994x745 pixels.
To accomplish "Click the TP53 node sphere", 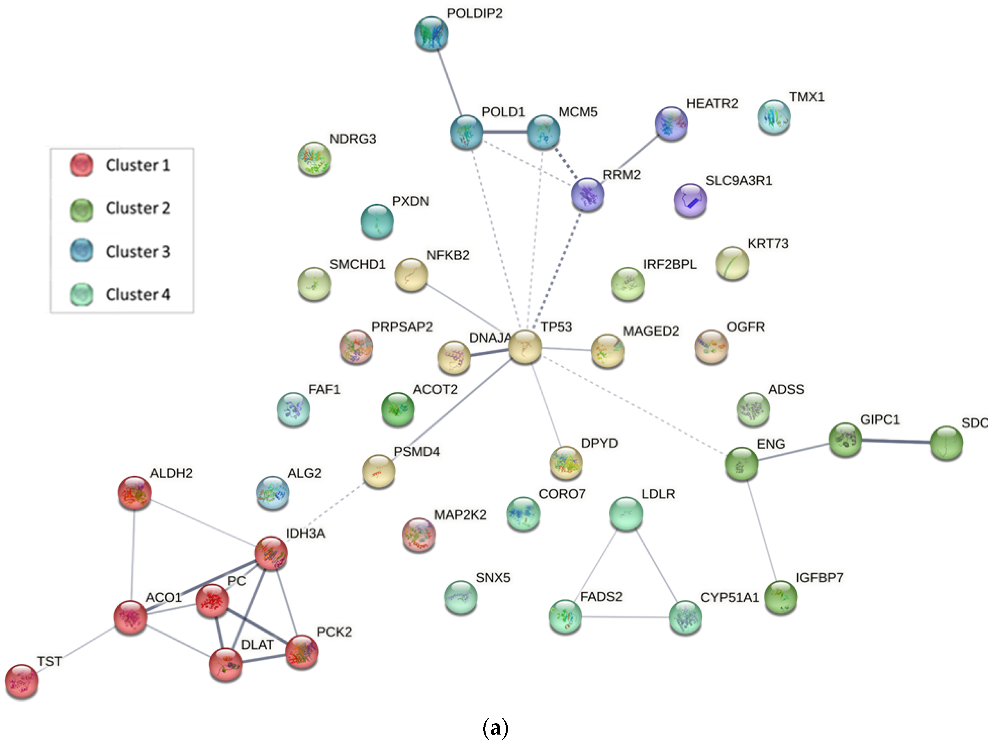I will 525,347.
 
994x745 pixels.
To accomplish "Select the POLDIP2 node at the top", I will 431,33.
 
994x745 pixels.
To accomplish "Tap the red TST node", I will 21,681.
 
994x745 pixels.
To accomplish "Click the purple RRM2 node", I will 587,194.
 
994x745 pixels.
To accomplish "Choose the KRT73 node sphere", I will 732,263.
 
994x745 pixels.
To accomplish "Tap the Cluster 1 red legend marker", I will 81,165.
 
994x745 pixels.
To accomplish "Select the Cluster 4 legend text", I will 138,295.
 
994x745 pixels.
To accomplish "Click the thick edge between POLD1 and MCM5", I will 505,132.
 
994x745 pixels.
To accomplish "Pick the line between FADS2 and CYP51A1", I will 625,617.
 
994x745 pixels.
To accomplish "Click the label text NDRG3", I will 353,139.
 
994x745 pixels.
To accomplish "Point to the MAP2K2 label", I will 460,515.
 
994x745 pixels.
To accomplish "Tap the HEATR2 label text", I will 712,104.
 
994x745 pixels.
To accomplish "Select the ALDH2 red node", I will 134,493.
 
